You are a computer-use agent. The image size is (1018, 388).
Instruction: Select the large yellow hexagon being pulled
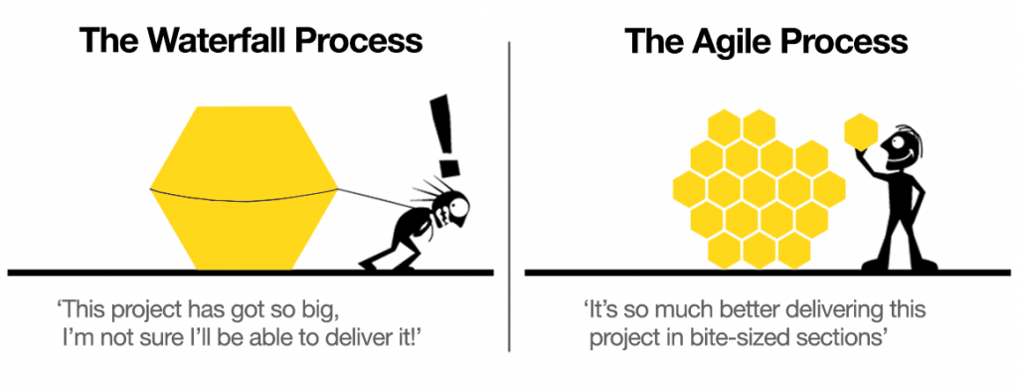[244, 189]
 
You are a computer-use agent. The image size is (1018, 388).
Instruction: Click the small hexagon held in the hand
[859, 131]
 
